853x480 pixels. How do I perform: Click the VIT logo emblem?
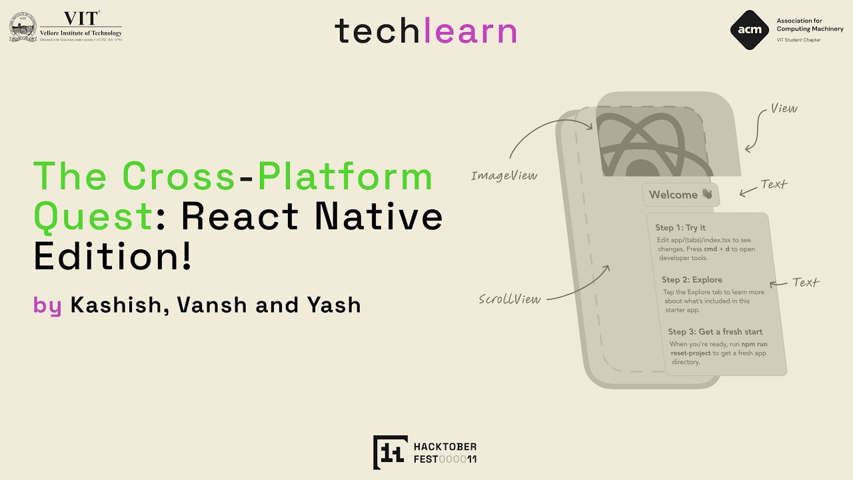pos(23,27)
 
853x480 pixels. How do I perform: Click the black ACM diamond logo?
pos(750,30)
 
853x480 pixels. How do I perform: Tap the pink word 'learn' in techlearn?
pos(470,31)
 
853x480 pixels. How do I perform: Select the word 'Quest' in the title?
pos(93,215)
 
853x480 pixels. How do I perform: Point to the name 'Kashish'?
pos(114,305)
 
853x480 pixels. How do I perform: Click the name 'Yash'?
pos(334,305)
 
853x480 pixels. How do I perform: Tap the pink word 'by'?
pos(47,305)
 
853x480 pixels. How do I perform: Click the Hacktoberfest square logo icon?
pos(390,452)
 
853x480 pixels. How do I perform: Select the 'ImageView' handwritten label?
pos(504,175)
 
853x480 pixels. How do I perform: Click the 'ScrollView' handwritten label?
pos(510,299)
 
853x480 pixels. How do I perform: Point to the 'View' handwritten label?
pos(784,108)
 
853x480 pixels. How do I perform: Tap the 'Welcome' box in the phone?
pos(680,195)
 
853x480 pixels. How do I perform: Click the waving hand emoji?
pos(706,195)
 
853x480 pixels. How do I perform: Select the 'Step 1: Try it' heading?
pos(680,228)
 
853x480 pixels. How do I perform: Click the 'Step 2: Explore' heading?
pos(692,279)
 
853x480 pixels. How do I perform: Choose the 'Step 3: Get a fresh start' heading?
pos(715,331)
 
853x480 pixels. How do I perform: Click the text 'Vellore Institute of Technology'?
pos(81,33)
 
